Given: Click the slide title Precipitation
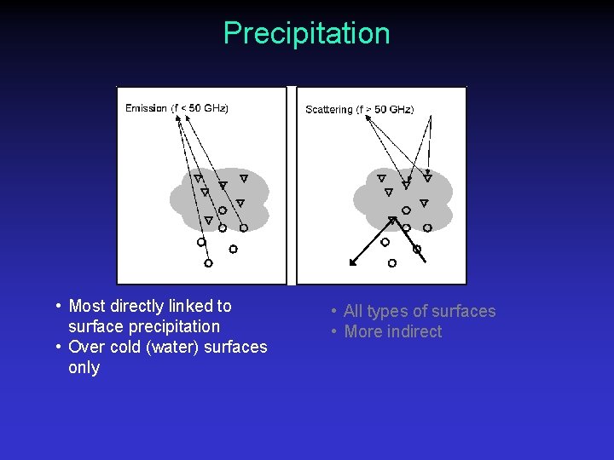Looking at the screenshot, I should click(306, 33).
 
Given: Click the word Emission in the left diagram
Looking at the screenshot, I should click(146, 108).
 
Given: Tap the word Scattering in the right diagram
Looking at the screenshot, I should click(328, 109).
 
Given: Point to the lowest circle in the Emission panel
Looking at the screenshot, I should click(208, 263).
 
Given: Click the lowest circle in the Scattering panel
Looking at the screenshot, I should click(392, 263).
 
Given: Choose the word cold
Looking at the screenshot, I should click(125, 347).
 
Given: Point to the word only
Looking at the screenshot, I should click(84, 367).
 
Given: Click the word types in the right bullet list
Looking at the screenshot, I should click(386, 311).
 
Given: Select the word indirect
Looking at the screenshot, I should click(413, 331).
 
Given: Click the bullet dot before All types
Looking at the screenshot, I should click(334, 312).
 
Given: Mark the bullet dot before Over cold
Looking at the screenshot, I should click(56, 347).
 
